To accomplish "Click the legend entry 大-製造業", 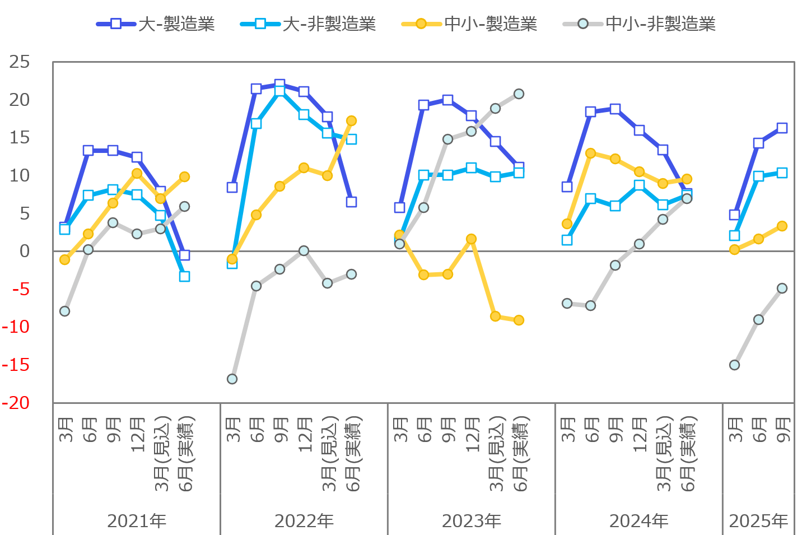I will [156, 24].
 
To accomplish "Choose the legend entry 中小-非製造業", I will [639, 24].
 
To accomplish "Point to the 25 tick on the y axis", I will [20, 62].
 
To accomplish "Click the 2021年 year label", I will [137, 521].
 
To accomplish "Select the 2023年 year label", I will [472, 521].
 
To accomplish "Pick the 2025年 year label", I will [758, 521].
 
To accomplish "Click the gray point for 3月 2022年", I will [232, 379].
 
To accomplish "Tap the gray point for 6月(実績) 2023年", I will [519, 94].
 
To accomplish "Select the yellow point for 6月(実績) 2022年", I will [351, 121].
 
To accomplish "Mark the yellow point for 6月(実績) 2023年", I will [519, 320].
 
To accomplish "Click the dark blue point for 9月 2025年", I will [782, 128].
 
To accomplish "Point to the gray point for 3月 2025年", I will [734, 365].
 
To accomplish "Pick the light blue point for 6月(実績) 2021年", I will [184, 277].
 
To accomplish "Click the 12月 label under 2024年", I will [640, 435].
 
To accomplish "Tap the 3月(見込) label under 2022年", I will [329, 454].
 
